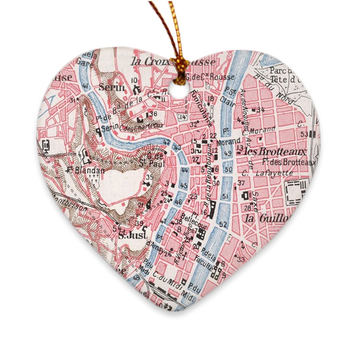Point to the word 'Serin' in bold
(111, 87)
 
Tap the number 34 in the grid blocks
(261, 110)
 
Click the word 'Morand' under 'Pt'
(227, 142)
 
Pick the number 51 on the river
(225, 196)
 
